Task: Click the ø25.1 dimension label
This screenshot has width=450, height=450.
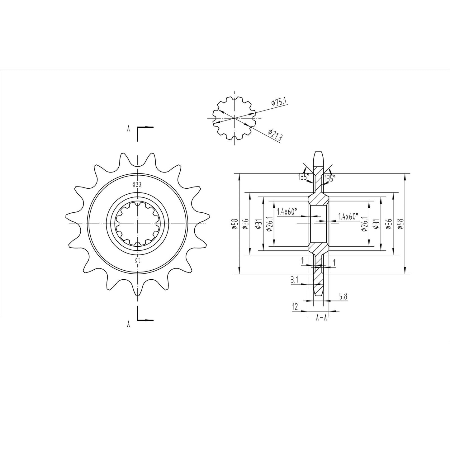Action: pos(279,102)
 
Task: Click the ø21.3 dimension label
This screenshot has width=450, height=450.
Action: pos(274,135)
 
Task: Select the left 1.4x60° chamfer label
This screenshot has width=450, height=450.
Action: pos(287,212)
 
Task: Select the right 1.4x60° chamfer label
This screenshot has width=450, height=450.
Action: pos(348,216)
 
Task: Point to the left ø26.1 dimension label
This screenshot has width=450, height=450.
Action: pos(270,224)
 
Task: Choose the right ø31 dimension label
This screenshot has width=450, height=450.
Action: pos(376,224)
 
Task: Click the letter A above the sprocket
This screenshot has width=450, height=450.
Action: pos(128,129)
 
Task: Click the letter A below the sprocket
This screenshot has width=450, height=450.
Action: pos(128,324)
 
